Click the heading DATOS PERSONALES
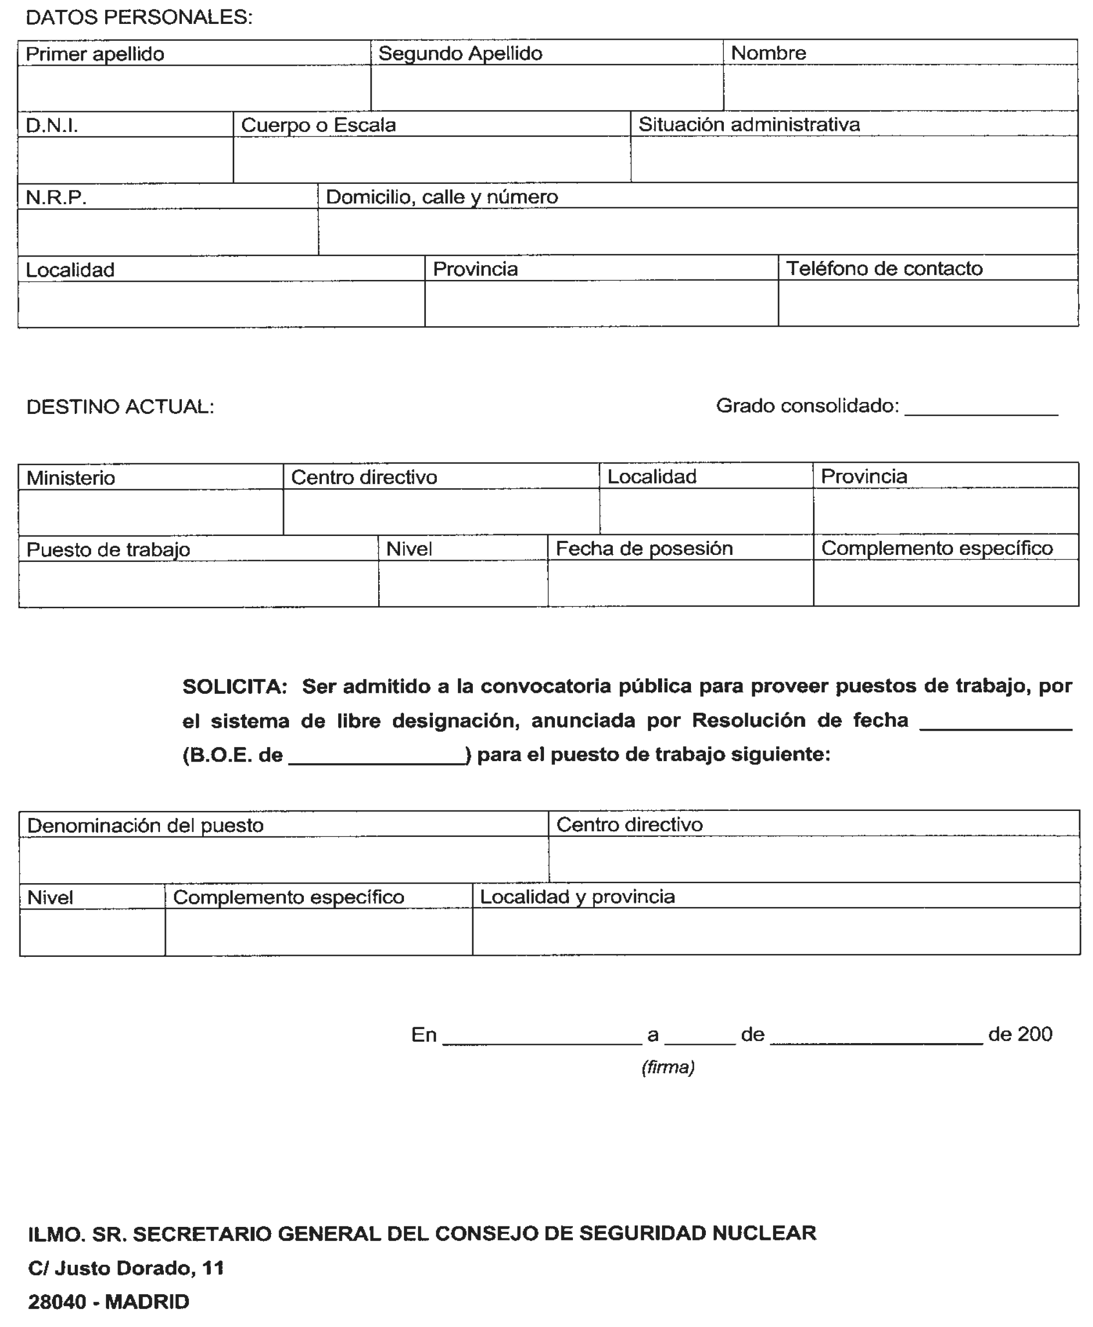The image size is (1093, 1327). pyautogui.click(x=138, y=17)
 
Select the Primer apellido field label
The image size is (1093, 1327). pyautogui.click(x=95, y=54)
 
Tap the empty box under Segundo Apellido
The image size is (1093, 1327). pyautogui.click(x=546, y=88)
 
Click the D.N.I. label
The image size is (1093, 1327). pyautogui.click(x=52, y=126)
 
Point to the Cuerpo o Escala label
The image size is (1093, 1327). pyautogui.click(x=318, y=125)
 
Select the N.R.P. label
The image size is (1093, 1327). pyautogui.click(x=56, y=198)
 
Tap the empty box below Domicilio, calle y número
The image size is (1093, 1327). pyautogui.click(x=697, y=232)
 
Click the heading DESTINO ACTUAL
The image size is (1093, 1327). pyautogui.click(x=120, y=407)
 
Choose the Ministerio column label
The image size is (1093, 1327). pyautogui.click(x=71, y=478)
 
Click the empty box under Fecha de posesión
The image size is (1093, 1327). pyautogui.click(x=680, y=584)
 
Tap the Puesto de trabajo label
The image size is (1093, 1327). pyautogui.click(x=108, y=549)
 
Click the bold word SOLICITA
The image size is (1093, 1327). pyautogui.click(x=234, y=686)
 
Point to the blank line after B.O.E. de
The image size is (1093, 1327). pyautogui.click(x=377, y=759)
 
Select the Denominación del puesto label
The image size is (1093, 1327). pyautogui.click(x=145, y=825)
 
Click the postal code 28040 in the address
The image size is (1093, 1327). pyautogui.click(x=57, y=1302)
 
